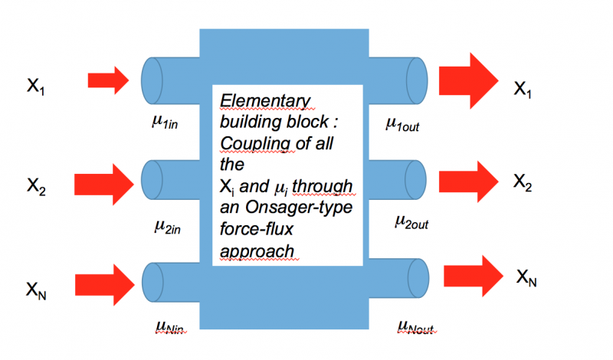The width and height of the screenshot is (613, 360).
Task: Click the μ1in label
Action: [x=167, y=120]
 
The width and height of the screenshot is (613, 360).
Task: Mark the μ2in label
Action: [x=167, y=227]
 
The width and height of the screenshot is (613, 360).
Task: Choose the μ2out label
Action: [x=411, y=221]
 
